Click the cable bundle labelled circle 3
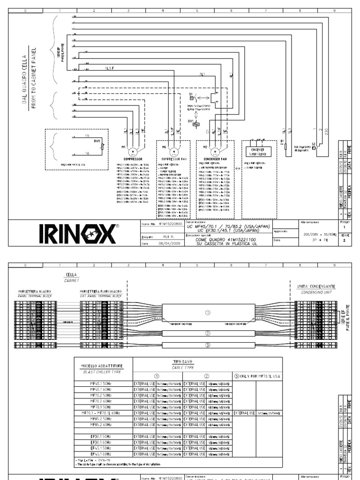coord(208,345)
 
